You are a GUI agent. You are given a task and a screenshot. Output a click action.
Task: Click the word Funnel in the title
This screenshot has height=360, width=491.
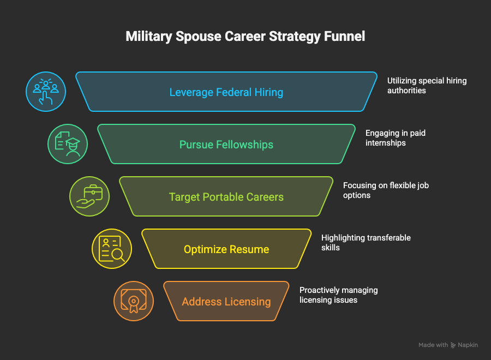point(344,37)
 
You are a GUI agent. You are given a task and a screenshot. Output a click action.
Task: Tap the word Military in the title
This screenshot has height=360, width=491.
point(146,37)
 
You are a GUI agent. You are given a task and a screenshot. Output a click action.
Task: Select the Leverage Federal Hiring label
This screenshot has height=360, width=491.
point(226,92)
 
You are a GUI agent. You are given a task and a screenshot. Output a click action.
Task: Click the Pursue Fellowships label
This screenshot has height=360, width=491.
point(226,145)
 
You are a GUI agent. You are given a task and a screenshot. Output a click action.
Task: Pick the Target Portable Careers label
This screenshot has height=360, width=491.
point(226,197)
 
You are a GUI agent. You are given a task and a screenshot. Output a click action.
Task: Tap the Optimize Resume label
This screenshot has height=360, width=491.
point(226,249)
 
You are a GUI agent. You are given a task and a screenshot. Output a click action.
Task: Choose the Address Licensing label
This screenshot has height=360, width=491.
point(226,302)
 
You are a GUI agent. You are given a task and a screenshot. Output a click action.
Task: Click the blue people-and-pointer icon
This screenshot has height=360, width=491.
point(46,92)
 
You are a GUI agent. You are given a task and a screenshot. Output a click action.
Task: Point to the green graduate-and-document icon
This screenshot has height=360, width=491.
point(68,144)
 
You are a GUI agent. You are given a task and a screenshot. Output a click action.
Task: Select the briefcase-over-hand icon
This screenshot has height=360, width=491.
point(89,196)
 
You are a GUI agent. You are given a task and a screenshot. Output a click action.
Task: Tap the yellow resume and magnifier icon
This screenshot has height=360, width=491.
point(111,249)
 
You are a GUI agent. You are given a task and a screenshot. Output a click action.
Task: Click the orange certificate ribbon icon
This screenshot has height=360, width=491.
point(133,301)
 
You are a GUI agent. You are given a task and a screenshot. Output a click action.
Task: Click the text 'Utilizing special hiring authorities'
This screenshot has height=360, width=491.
point(427,86)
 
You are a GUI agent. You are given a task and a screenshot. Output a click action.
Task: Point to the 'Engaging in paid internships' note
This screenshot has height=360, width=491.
point(395,138)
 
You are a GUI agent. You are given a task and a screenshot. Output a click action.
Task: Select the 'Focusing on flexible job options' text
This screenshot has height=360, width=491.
point(386,190)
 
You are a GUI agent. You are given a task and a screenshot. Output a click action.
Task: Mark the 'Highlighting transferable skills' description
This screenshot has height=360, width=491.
point(366,243)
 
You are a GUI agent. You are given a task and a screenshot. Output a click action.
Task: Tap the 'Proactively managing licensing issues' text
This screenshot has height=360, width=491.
point(338,295)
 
